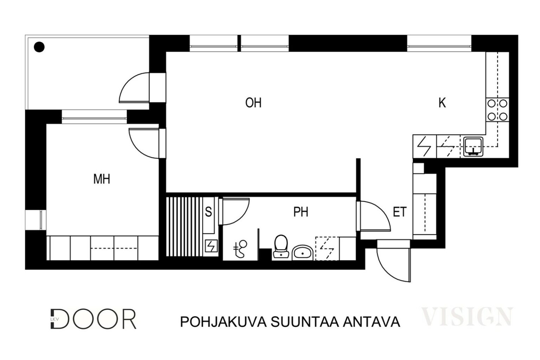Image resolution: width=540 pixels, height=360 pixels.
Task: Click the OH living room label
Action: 253,103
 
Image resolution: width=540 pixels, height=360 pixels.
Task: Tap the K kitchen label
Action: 442,103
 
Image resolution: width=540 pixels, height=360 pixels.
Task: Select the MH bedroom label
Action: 102,179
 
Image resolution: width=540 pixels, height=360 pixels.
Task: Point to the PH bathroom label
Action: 301,212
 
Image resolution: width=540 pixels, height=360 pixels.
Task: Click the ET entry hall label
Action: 400,212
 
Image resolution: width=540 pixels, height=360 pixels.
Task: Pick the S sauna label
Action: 208,212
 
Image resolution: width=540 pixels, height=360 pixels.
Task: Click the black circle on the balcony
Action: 39,47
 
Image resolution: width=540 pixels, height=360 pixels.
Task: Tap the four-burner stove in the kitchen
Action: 497,110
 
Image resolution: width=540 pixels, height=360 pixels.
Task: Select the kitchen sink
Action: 473,147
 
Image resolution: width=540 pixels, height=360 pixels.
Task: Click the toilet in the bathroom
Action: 281,246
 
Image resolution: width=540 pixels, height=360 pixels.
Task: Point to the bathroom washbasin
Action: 302,253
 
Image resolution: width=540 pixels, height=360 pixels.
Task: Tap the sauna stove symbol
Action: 211,246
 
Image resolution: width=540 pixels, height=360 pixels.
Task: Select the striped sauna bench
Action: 185,227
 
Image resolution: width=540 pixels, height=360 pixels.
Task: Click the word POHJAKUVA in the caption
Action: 223,322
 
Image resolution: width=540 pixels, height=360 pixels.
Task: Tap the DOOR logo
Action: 94,319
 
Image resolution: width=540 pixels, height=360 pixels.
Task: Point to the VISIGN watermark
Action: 467,316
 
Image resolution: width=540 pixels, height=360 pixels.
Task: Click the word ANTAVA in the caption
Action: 372,322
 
